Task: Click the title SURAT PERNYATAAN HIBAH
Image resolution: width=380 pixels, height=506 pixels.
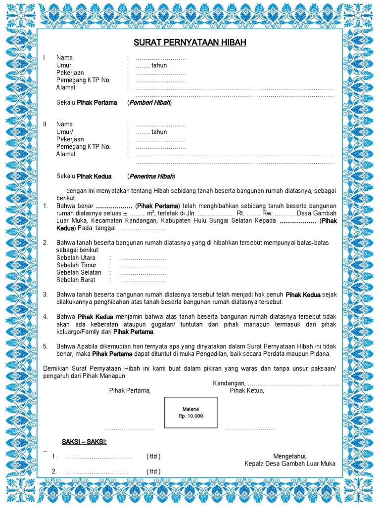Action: coord(190,43)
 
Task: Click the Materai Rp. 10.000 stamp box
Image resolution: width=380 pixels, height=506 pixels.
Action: coord(190,413)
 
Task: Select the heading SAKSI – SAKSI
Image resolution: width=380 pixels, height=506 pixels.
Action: coord(84,441)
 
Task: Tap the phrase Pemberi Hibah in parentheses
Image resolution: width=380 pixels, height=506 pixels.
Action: coord(149,103)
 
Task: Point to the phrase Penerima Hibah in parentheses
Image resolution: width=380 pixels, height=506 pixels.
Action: coord(151,176)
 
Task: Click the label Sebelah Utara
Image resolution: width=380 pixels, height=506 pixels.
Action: coord(76,258)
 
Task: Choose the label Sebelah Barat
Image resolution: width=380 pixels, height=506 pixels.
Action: coord(76,280)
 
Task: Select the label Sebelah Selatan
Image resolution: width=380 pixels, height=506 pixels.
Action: coord(79,273)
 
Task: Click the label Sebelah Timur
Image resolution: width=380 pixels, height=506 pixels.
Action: coord(76,265)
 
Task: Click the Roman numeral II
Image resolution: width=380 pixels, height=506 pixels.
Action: coord(45,124)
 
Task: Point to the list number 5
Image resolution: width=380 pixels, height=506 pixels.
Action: coord(45,346)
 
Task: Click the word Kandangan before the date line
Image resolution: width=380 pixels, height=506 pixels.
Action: coord(229,383)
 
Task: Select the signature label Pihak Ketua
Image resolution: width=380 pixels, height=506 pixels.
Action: coord(247,391)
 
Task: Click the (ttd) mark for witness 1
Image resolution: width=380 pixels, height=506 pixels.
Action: coord(153,456)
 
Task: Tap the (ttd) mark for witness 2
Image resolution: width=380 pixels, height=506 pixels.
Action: coord(153,471)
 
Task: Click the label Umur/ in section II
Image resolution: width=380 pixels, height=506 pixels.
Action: coord(65,132)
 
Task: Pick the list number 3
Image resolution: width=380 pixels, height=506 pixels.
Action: coord(45,295)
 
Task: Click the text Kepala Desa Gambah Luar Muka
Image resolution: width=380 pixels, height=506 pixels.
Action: coord(290,464)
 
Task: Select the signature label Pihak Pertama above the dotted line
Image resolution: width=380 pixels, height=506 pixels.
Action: coord(130,391)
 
